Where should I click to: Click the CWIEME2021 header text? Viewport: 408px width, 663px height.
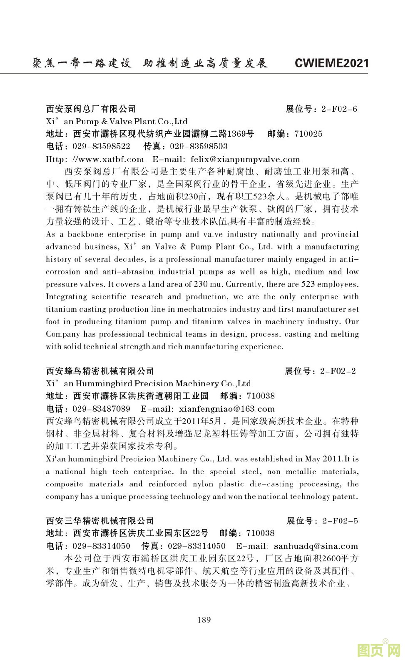[331, 63]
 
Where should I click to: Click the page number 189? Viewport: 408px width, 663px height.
[204, 620]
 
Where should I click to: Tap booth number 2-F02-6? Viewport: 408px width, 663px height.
[339, 109]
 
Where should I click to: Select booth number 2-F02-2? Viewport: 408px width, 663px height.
[338, 371]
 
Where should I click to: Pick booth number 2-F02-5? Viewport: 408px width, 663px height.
[340, 520]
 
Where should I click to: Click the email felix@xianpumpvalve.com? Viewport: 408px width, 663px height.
[245, 159]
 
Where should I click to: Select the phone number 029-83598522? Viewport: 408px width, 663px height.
[101, 146]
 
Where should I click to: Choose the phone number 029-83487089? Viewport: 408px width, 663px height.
[101, 409]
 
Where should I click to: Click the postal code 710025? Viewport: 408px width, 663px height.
[308, 134]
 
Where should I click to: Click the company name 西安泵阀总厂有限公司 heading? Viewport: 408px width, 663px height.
[91, 109]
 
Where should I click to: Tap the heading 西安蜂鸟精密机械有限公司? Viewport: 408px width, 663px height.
[100, 371]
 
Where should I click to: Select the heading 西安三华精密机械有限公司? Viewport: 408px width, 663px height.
[100, 520]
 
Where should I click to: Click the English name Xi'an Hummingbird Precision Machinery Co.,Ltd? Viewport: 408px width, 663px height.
[148, 383]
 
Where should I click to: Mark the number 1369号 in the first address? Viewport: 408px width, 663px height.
[240, 134]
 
